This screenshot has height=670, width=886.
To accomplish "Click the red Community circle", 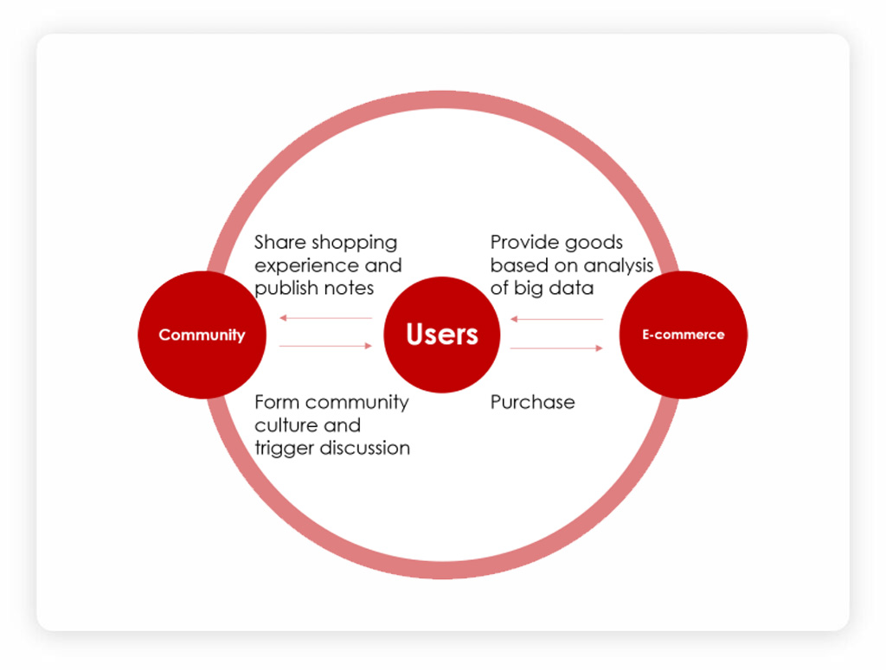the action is pyautogui.click(x=202, y=335).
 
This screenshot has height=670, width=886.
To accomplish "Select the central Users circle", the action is pyautogui.click(x=442, y=335).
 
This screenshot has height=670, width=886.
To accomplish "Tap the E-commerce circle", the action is pyautogui.click(x=684, y=335).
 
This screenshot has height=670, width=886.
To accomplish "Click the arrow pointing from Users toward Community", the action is pyautogui.click(x=326, y=318).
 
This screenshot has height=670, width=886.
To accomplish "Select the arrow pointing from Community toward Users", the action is pyautogui.click(x=326, y=346).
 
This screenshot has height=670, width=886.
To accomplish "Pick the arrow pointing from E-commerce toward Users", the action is pyautogui.click(x=556, y=319).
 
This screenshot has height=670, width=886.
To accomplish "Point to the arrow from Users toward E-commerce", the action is pyautogui.click(x=556, y=348).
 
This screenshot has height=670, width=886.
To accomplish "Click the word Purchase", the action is pyautogui.click(x=532, y=402).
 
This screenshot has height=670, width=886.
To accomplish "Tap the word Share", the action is pyautogui.click(x=279, y=242).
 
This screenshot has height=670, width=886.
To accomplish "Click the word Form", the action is pyautogui.click(x=276, y=402).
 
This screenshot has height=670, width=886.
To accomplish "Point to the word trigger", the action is pyautogui.click(x=284, y=448).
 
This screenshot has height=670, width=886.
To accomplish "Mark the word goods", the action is pyautogui.click(x=594, y=243).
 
